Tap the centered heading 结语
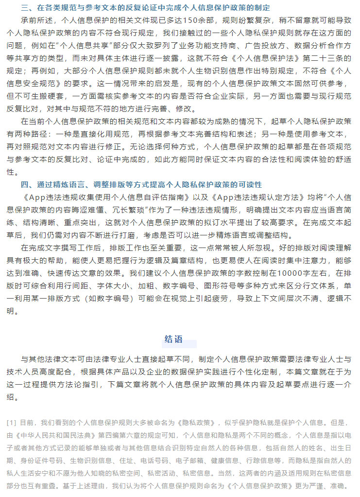tap(173, 339)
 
